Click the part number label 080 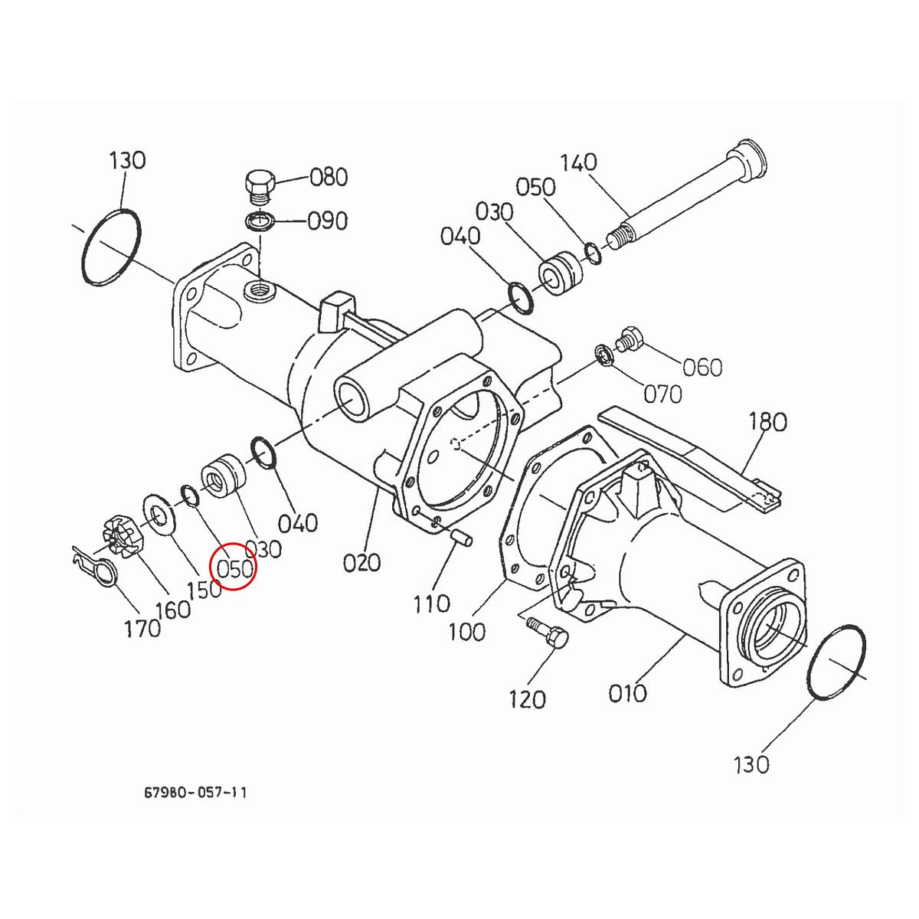[x=329, y=178]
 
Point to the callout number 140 [x=578, y=163]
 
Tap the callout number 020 [x=361, y=563]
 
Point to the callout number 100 [x=466, y=632]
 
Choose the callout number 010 [x=628, y=693]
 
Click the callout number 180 [x=767, y=422]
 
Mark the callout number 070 [x=662, y=394]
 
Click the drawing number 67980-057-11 [x=195, y=793]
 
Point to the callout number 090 [x=328, y=221]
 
